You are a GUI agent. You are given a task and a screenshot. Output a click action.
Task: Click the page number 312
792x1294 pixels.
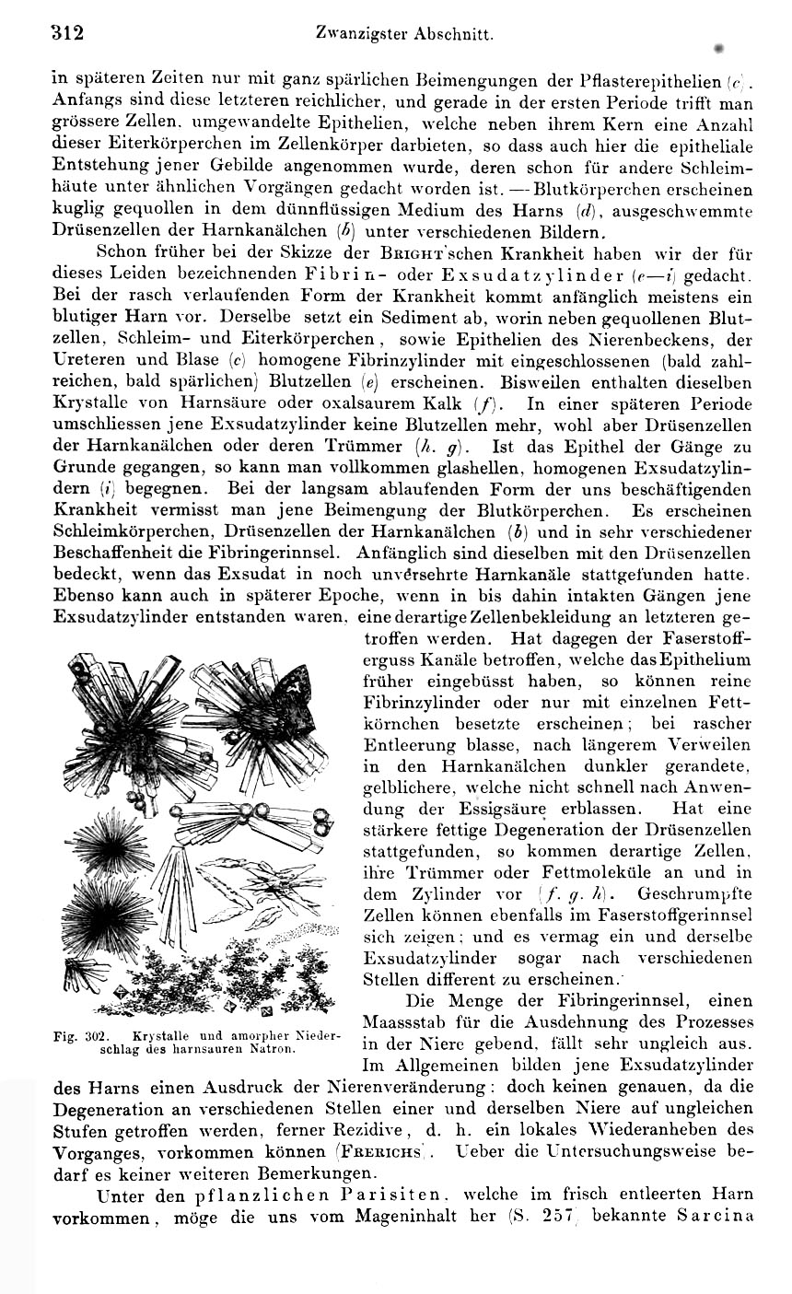coord(67,34)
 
